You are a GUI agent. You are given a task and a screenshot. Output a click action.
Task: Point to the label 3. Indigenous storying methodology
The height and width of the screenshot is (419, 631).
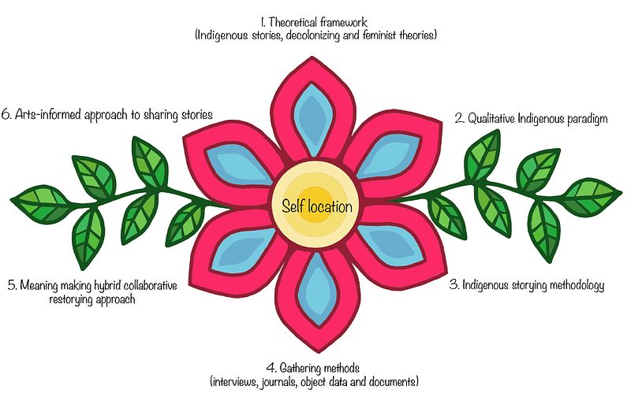click(527, 285)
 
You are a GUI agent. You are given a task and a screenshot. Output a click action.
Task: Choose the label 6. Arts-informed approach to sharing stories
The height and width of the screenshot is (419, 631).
click(107, 114)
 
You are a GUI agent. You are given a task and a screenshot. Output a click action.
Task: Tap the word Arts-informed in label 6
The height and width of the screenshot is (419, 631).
click(50, 114)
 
